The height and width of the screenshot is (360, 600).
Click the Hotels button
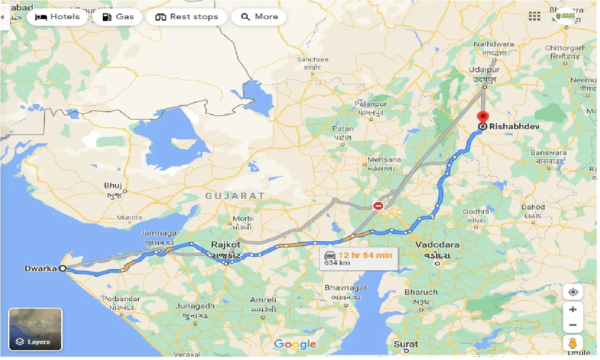tap(57, 17)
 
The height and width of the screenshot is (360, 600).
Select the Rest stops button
tap(186, 17)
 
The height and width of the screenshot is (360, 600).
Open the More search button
tap(259, 17)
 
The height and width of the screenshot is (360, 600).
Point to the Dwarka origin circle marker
tap(62, 268)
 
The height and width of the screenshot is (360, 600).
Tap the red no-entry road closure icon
tap(378, 206)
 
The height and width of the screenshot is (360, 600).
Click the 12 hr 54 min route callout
tap(358, 258)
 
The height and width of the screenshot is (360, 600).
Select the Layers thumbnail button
tap(36, 330)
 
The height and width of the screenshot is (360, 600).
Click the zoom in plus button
tap(573, 310)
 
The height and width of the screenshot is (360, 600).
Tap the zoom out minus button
tap(573, 325)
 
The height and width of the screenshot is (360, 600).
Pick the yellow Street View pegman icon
tap(573, 344)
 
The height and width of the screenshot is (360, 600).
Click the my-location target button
tap(573, 292)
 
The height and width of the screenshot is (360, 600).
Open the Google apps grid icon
tap(535, 16)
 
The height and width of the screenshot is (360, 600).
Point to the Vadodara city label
tap(437, 245)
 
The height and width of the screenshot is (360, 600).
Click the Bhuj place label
tap(113, 186)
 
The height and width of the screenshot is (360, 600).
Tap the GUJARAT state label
tap(235, 196)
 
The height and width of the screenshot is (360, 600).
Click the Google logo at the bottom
tap(295, 345)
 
